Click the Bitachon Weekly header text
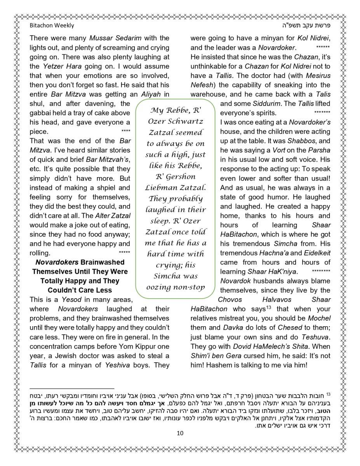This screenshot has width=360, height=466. click(52, 26)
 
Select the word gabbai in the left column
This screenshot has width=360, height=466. click(41, 113)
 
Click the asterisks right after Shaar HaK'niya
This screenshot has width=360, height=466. click(321, 271)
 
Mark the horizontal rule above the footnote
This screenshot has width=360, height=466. click(72, 388)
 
